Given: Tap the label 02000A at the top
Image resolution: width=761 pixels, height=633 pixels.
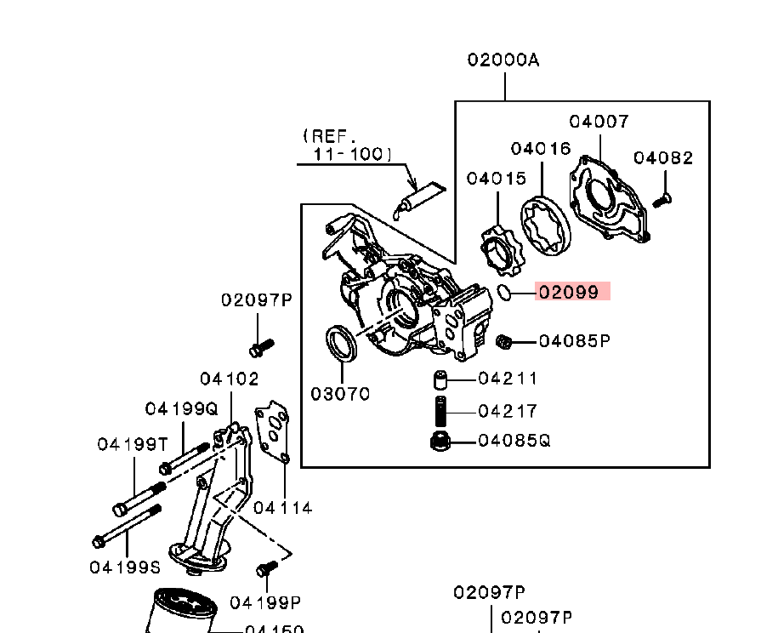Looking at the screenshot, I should (503, 60).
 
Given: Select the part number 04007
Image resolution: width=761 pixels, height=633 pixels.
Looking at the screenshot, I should (599, 122).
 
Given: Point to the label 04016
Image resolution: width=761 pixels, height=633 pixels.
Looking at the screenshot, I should (540, 149).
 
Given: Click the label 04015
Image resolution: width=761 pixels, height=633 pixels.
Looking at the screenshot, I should (496, 179).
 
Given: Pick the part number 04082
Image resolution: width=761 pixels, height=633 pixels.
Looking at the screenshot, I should (663, 158).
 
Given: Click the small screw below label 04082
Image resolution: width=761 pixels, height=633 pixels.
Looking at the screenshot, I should (662, 199).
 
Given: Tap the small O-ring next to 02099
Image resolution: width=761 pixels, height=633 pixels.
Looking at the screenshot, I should (503, 293).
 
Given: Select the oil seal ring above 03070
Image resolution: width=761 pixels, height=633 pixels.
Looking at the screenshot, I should (342, 344).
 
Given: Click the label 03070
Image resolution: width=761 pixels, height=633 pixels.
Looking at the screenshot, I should (339, 394).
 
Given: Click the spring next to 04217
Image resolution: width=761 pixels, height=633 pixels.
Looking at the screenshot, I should (441, 412).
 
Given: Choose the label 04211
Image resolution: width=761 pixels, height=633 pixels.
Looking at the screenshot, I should (508, 378).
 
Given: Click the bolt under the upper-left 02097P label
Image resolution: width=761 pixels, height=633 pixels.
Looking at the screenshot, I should (260, 347).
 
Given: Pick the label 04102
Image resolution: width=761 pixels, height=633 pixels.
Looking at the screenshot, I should (230, 379).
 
